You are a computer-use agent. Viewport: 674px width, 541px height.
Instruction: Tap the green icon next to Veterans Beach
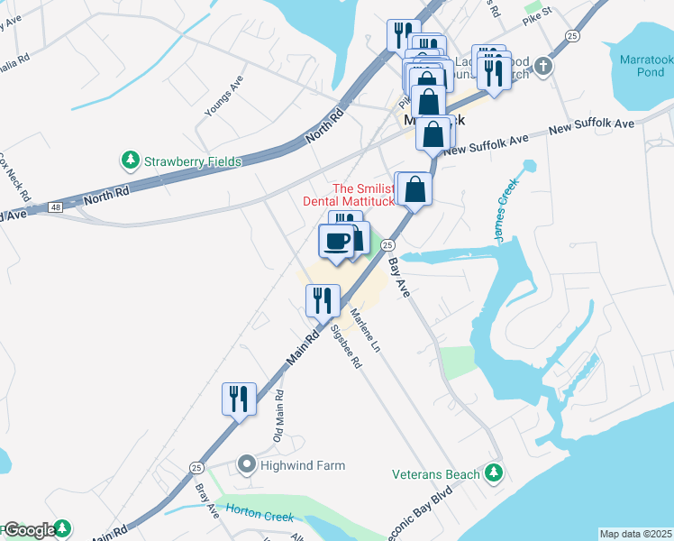pos(493,472)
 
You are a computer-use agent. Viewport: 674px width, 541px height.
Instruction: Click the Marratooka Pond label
pos(645,65)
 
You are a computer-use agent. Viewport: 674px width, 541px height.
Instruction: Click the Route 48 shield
pos(56,208)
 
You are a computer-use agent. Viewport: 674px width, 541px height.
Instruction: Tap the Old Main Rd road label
pos(279,415)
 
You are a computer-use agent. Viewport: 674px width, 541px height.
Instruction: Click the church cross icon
pos(542,66)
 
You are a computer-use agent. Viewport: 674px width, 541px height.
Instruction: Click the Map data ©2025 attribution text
pos(635,534)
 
